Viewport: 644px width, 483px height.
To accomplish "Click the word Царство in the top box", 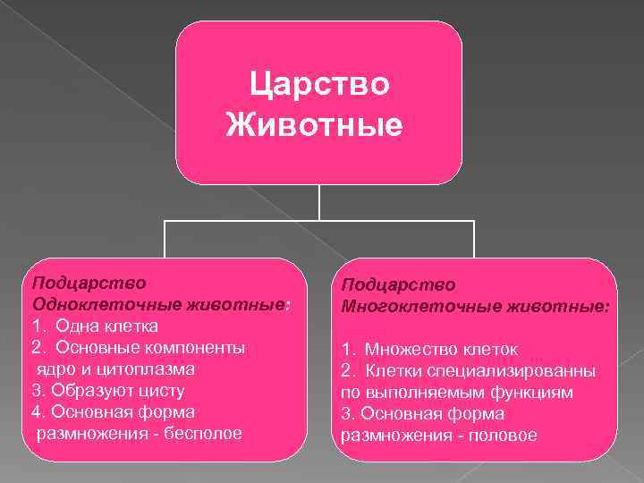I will pos(319,84).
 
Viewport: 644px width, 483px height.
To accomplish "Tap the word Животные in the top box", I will pos(315,123).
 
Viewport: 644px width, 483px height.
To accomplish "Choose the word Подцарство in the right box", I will pos(398,284).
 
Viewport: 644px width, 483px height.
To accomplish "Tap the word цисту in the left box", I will pos(161,390).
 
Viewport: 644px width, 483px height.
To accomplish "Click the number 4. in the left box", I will pos(39,412).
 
